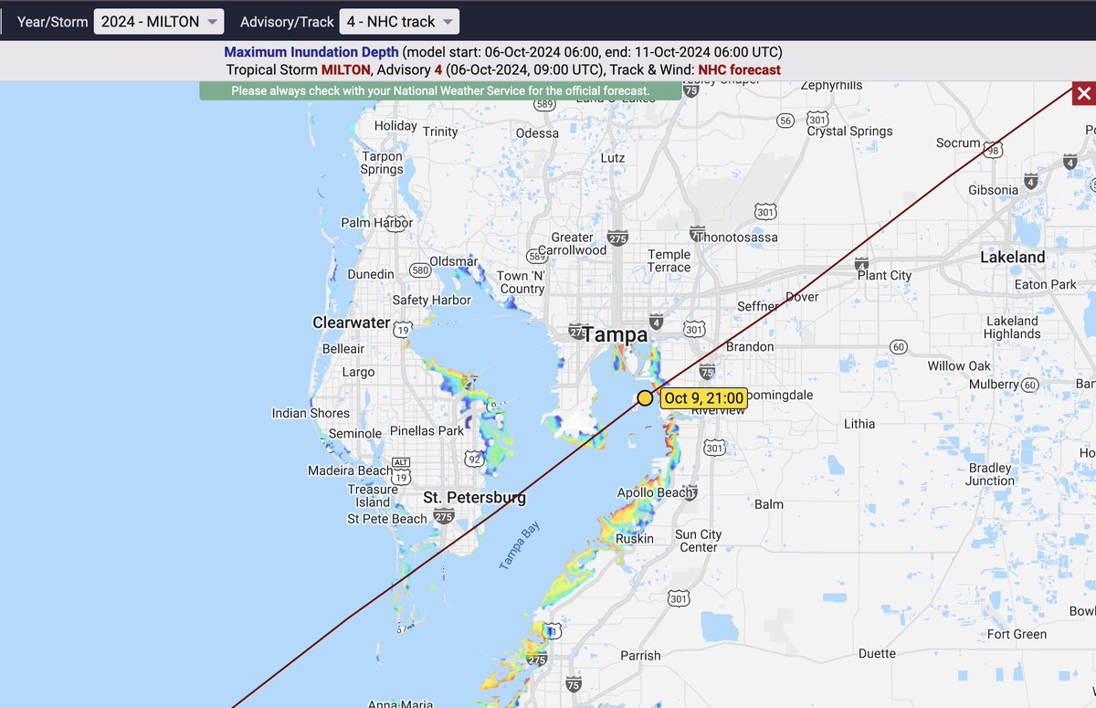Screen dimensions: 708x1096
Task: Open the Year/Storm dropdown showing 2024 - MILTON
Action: point(158,21)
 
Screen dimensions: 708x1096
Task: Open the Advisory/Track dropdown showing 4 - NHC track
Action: point(399,21)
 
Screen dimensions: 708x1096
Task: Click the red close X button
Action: point(1083,93)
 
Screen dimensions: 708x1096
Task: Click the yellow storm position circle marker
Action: point(646,397)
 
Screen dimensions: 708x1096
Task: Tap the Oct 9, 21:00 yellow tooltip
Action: point(703,398)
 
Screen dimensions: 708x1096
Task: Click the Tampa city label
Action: point(616,334)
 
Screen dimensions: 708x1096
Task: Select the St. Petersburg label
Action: point(474,498)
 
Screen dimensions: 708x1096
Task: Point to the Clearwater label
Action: point(352,322)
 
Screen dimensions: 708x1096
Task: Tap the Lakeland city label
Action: point(1012,258)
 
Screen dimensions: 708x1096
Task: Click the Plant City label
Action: point(884,275)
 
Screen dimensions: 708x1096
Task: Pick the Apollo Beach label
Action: point(657,492)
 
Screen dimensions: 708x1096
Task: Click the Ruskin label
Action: point(635,538)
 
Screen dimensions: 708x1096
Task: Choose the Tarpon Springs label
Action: point(382,163)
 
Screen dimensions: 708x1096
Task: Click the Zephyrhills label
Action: point(831,85)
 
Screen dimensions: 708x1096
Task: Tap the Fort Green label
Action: point(1017,634)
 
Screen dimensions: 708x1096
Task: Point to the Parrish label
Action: point(640,655)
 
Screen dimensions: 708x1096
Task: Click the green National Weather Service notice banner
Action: point(440,91)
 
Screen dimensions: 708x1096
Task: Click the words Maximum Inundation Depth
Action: point(311,52)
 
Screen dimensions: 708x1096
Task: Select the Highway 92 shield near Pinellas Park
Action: point(473,458)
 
